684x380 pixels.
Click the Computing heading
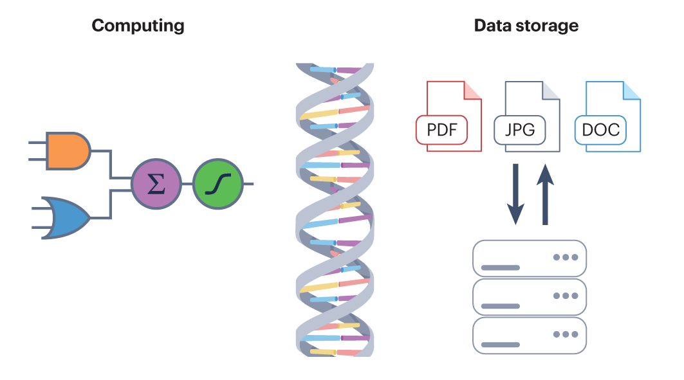coord(138,26)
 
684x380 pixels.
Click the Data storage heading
coord(526,26)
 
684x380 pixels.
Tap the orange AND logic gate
coord(67,151)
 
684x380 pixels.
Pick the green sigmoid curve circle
coord(217,185)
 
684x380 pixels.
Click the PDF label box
coord(441,130)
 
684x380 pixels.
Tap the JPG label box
coord(519,130)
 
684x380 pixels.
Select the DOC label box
coord(600,130)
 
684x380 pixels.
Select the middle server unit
coord(530,296)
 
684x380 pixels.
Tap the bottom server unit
coord(530,335)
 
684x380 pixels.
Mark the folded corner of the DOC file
coord(632,91)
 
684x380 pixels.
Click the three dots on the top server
coord(566,257)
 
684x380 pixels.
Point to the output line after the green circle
coord(247,185)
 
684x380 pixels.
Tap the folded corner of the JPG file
coord(551,91)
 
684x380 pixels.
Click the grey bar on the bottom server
coord(501,345)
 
